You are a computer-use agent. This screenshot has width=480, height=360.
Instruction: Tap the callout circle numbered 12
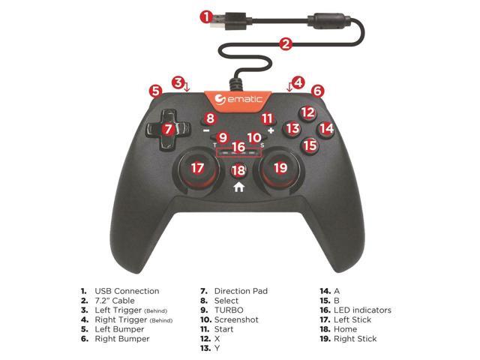(x=308, y=112)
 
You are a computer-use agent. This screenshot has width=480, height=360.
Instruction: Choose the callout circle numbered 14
(x=325, y=128)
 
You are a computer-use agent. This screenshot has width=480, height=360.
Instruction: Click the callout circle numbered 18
(x=238, y=170)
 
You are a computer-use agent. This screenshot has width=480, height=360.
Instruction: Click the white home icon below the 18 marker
(x=238, y=187)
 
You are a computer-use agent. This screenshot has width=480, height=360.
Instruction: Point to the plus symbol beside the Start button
(x=271, y=131)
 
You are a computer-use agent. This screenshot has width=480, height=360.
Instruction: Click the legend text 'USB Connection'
(x=127, y=291)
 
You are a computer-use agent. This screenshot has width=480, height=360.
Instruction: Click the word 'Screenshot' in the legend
(x=236, y=319)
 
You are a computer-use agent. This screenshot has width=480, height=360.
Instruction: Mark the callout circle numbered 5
(x=155, y=91)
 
